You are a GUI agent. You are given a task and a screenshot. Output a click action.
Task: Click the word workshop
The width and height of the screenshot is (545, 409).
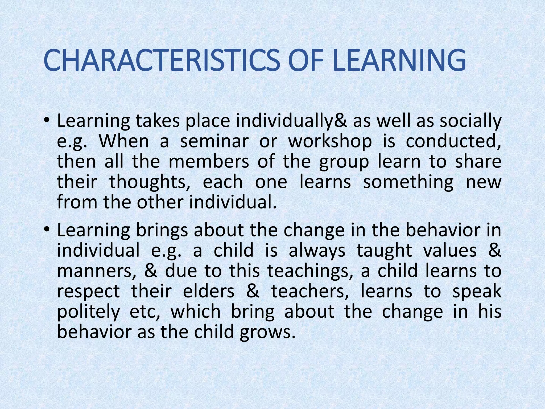click(x=330, y=141)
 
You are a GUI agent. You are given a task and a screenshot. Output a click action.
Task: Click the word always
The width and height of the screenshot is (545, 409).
click(x=317, y=251)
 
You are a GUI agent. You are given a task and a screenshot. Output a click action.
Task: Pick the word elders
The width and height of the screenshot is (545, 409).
click(x=209, y=291)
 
